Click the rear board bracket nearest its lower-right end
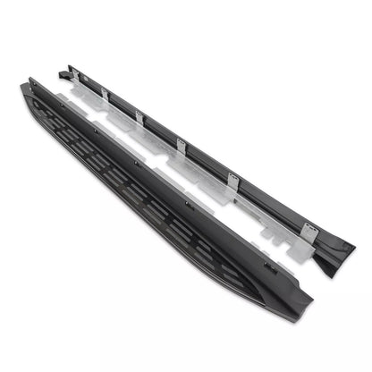(x=310, y=232)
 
